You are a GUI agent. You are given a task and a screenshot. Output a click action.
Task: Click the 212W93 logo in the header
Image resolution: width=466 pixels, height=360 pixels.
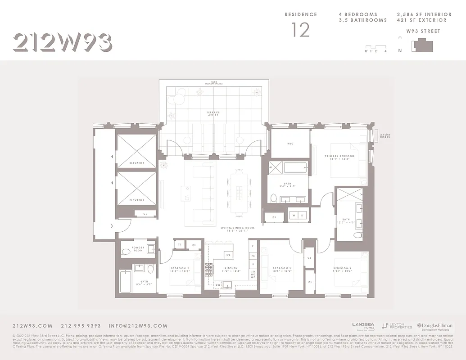pyautogui.click(x=62, y=43)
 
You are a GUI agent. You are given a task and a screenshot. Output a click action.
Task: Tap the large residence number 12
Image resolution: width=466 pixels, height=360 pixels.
pyautogui.click(x=300, y=30)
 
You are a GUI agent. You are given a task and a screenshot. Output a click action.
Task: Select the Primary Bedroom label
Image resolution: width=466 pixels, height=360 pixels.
pyautogui.click(x=339, y=157)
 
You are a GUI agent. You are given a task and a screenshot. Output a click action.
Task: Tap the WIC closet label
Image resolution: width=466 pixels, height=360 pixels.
pyautogui.click(x=290, y=144)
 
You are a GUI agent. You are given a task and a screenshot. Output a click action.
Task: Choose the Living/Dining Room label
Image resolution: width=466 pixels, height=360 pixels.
pyautogui.click(x=237, y=229)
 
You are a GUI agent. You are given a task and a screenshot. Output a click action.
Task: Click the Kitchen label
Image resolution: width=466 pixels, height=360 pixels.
pyautogui.click(x=231, y=270)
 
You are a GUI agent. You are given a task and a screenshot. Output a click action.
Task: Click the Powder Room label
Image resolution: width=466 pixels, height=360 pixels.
pyautogui.click(x=138, y=249)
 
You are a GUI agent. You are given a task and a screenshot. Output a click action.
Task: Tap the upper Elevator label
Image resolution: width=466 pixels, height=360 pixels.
pyautogui.click(x=137, y=163)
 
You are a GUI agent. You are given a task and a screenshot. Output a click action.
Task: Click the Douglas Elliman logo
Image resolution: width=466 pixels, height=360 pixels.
pyautogui.click(x=436, y=326)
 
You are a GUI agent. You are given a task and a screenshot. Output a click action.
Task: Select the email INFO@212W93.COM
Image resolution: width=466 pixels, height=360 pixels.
pyautogui.click(x=138, y=326)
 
